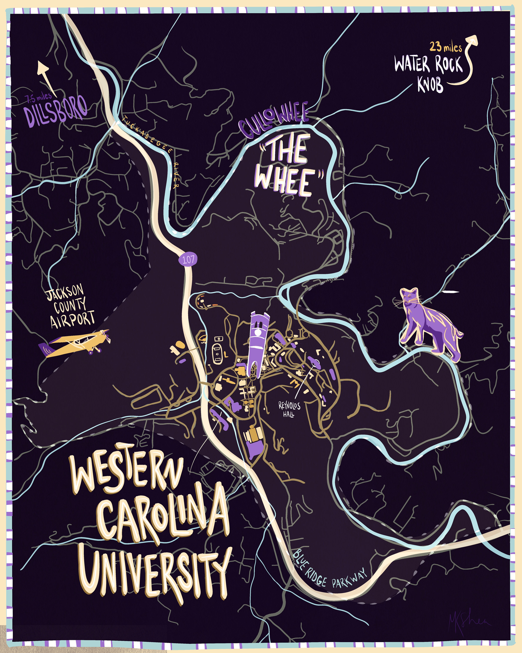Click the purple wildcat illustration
430,324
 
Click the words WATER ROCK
428,64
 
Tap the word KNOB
430,84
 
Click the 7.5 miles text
38,98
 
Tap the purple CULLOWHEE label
274,120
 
